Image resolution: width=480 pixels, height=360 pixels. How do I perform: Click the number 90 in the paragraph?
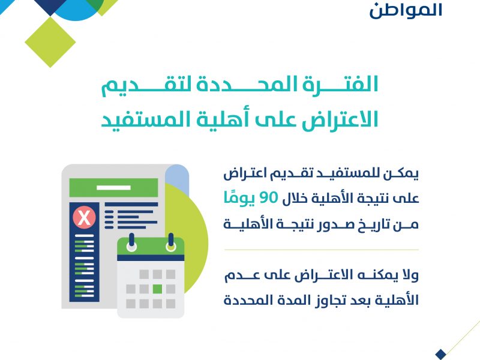[268, 198]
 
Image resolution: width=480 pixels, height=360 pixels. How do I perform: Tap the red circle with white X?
[84, 217]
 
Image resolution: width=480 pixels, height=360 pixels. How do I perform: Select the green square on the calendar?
[157, 289]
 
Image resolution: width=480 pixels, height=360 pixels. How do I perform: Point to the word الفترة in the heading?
[340, 84]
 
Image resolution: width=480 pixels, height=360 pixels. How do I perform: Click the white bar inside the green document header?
[113, 187]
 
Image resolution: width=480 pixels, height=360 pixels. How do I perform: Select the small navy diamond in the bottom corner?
[440, 354]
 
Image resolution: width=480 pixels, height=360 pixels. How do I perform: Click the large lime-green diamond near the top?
[50, 42]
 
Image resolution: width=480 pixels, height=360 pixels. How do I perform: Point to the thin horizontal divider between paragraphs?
[322, 250]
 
